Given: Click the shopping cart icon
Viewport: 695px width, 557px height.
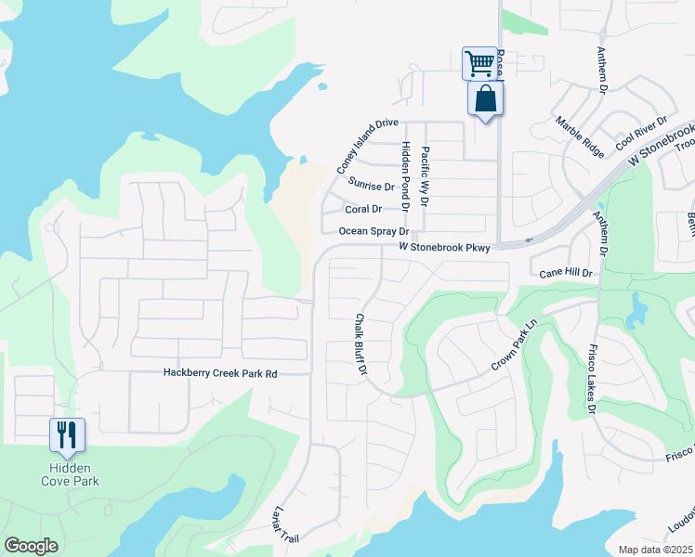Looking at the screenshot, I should point(479,63).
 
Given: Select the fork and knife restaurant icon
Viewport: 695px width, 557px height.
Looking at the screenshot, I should point(67,434).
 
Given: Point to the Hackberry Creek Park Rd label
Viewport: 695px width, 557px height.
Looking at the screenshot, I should point(220,373).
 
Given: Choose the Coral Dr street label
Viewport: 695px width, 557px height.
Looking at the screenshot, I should point(363,209).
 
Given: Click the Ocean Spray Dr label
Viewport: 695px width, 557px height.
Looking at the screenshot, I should point(374,231).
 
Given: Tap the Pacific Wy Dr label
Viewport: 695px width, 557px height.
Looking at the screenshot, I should point(425,175).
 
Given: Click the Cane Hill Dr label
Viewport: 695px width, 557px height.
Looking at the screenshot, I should point(566,274).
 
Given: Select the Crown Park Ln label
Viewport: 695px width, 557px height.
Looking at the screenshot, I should point(514,347).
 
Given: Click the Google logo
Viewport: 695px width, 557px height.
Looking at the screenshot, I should point(31,546).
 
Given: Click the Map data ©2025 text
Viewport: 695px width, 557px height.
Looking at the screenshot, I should point(655,550).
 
